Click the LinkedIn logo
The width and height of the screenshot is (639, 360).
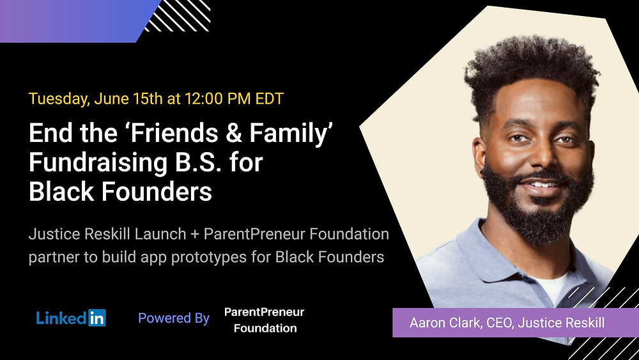tap(71, 318)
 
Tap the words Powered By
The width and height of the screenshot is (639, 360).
tap(174, 318)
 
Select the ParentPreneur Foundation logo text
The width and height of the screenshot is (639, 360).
tap(265, 320)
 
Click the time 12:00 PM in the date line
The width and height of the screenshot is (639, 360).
tap(218, 98)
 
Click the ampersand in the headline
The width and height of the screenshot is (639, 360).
tap(234, 133)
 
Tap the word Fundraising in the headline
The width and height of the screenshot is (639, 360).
tap(98, 163)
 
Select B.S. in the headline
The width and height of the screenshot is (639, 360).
tap(199, 162)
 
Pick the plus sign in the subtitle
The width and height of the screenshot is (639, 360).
tap(195, 235)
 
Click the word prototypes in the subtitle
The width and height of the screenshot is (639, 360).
tap(208, 258)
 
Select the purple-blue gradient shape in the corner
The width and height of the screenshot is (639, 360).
tap(73, 21)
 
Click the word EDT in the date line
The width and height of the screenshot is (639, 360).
tap(269, 98)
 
